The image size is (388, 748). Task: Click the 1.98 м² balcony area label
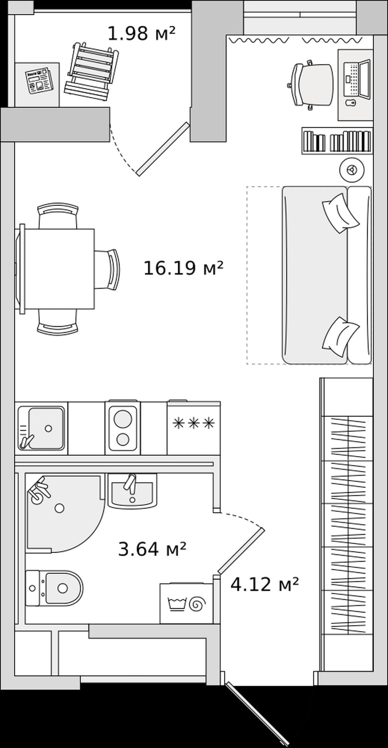click(142, 33)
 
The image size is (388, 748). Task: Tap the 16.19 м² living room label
click(183, 268)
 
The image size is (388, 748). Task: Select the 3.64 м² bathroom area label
click(152, 549)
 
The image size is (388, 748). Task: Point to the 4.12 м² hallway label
click(265, 584)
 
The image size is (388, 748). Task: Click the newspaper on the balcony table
click(39, 80)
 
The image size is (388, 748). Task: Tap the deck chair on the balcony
click(92, 72)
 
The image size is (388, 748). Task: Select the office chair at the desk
click(310, 85)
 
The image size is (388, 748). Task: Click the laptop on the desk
click(357, 79)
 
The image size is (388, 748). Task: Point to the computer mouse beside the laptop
click(351, 102)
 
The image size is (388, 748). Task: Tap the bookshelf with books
click(337, 141)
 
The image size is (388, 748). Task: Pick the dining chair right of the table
click(108, 269)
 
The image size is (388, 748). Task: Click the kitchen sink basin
click(46, 428)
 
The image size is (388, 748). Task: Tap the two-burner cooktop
click(123, 427)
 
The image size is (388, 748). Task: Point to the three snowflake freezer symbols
click(194, 423)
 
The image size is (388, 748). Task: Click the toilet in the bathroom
click(54, 588)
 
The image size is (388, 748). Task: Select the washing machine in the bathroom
click(186, 603)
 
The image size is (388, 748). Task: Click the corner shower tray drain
click(59, 508)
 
